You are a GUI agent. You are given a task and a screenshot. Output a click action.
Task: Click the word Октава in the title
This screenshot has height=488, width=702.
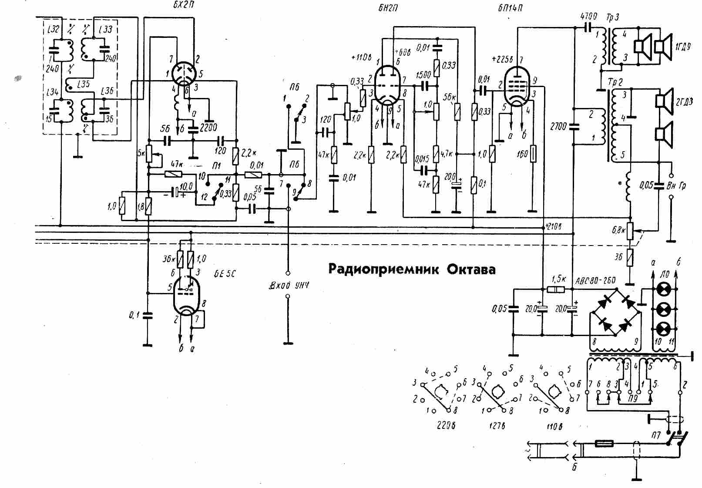[471, 269]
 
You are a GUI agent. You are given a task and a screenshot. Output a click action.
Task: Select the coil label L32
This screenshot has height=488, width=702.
[54, 29]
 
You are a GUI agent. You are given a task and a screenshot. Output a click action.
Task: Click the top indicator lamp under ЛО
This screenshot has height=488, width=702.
[664, 289]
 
